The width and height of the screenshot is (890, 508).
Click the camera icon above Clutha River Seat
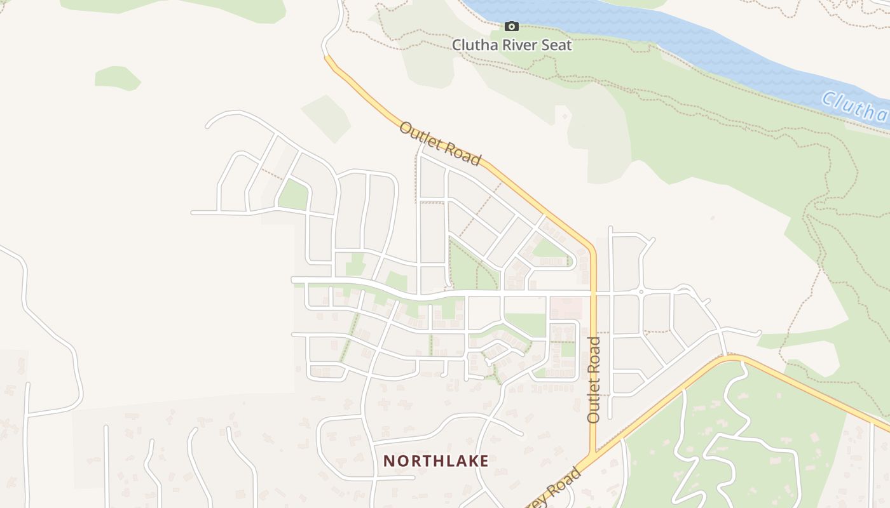coord(511,26)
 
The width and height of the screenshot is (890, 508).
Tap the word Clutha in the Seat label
coord(474,45)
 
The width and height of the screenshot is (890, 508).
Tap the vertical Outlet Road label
coord(594,380)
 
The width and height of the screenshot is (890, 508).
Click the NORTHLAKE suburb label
coord(436,461)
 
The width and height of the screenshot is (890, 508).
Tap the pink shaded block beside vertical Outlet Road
coord(565,308)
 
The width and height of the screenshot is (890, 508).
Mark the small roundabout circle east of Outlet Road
coord(641,292)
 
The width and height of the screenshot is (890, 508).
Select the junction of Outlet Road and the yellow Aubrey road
coord(593,455)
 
